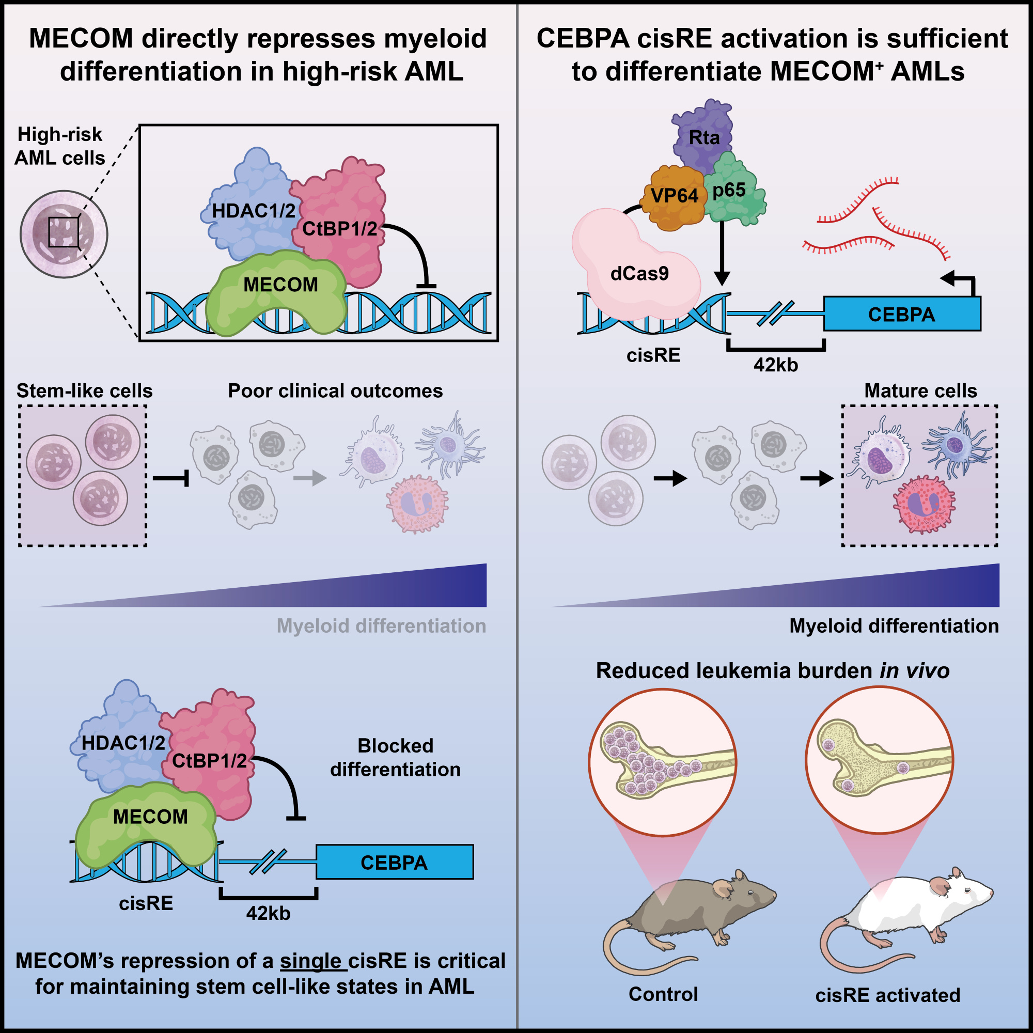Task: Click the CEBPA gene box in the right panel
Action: coord(901,315)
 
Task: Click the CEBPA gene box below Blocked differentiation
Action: coord(394,863)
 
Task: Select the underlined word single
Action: coord(310,961)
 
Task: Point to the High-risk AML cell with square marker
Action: coord(64,233)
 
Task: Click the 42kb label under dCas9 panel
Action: coord(776,365)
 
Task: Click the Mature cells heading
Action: coord(920,391)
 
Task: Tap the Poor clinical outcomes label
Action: coord(335,391)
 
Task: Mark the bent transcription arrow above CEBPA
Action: coord(961,282)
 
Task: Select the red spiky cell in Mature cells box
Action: coord(924,504)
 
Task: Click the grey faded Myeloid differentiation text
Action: coord(381,625)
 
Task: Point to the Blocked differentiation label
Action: coord(395,757)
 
